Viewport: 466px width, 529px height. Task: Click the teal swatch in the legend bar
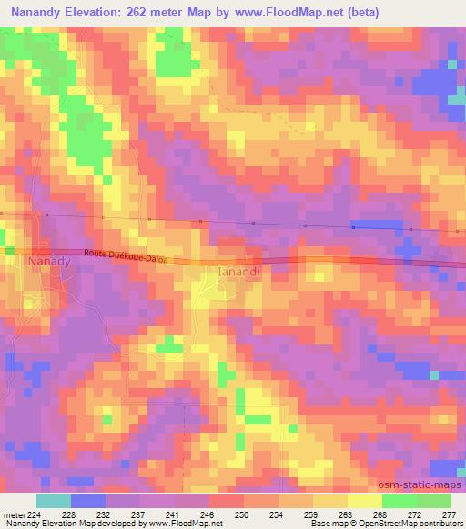pos(53,501)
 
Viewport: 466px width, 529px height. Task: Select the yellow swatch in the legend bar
pos(364,501)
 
